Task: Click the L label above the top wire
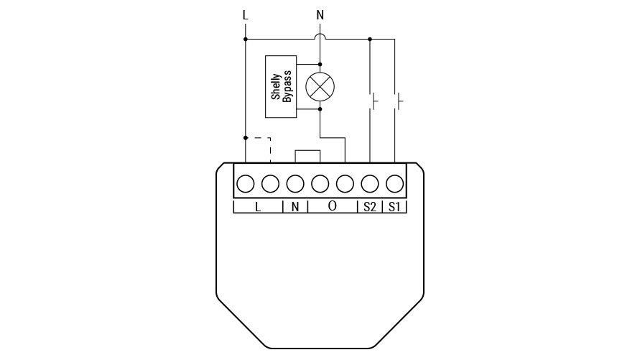pos(245,16)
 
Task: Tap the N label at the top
pos(320,16)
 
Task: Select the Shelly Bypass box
pos(281,86)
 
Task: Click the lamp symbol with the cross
pos(320,86)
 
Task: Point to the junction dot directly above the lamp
pos(320,65)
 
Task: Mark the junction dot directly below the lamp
pos(320,109)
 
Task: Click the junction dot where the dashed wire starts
pos(246,138)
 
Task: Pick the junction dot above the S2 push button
pos(370,40)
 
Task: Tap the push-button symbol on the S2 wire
pos(373,101)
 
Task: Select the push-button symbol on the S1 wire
pos(398,101)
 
